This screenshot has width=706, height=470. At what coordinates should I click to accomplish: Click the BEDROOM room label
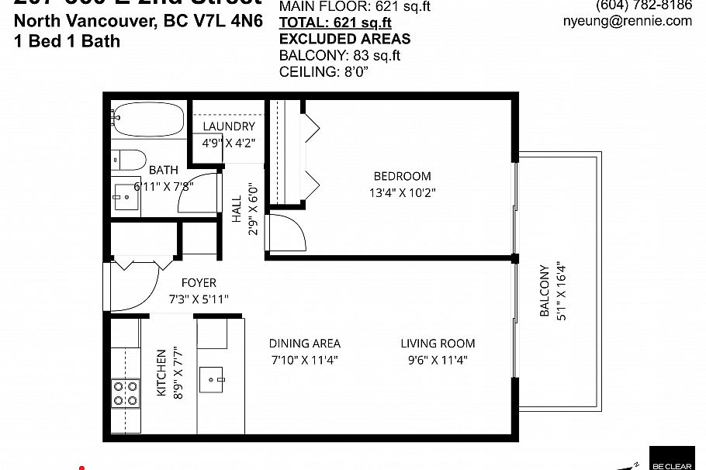point(402,176)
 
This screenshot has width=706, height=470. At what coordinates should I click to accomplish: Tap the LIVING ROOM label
point(438,344)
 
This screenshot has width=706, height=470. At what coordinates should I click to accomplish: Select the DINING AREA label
point(304,344)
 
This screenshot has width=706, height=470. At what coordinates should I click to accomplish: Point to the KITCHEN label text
point(161,373)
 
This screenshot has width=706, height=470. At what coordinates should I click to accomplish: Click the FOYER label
point(199,283)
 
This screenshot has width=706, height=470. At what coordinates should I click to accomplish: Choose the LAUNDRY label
point(229,126)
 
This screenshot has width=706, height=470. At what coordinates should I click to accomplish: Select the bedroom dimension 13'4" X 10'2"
point(402,192)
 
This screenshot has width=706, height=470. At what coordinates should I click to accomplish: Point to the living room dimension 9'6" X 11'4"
point(438,360)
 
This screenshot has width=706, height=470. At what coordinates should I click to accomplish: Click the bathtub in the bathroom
point(147,119)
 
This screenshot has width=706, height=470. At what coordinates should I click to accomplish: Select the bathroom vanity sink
point(123,197)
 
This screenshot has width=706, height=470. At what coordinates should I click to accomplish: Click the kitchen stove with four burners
point(125,392)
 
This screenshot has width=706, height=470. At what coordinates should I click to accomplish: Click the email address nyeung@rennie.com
point(627,21)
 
